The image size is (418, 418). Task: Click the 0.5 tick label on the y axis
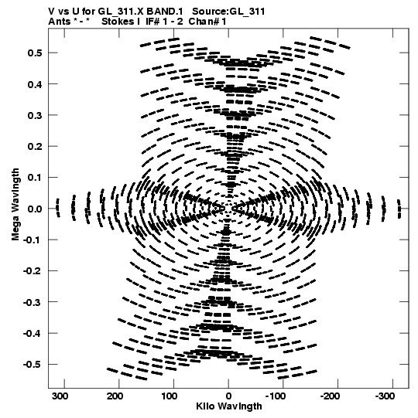point(35,53)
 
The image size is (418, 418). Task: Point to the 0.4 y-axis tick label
point(35,84)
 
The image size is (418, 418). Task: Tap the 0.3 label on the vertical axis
point(35,115)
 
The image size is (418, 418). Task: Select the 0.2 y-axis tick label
point(35,146)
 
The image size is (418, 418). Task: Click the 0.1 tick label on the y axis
point(35,178)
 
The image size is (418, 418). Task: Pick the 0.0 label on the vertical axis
point(35,209)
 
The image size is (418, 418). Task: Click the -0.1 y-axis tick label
point(33,240)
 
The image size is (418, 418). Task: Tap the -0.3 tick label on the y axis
point(33,302)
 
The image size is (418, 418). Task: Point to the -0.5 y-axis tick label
point(33,365)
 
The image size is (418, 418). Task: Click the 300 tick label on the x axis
point(60,396)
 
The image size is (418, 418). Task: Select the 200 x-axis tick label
point(115,396)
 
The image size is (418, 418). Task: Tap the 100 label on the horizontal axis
point(170,396)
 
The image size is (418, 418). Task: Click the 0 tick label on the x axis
point(228,396)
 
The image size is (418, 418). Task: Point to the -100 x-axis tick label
point(276,396)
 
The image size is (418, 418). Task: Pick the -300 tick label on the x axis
point(385,396)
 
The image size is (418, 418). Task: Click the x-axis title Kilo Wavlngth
point(229,406)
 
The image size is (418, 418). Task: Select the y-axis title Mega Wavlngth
point(15,205)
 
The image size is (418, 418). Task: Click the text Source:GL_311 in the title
point(228,12)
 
